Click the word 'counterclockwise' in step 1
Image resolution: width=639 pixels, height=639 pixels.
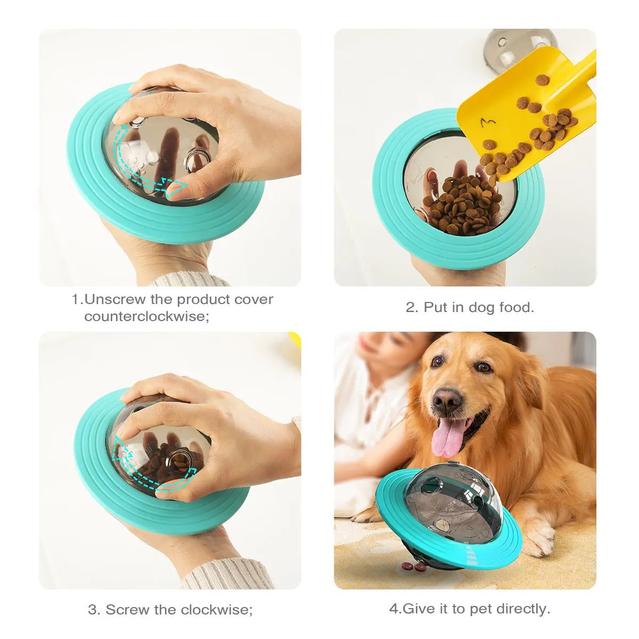[144, 316]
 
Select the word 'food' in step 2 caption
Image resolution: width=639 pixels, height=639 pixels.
[514, 307]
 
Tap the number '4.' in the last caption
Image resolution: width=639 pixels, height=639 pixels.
[395, 609]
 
